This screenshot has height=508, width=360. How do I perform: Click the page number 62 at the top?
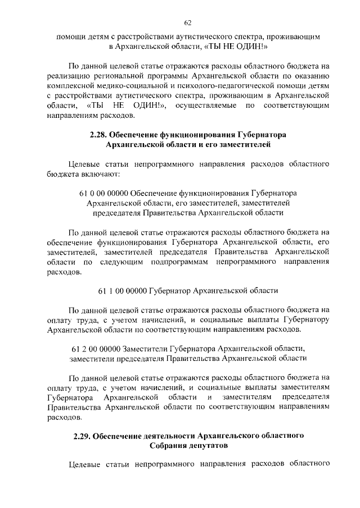click(188, 23)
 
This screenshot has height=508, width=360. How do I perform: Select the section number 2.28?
click(99, 135)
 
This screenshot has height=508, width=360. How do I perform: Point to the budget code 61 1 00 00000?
click(121, 291)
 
